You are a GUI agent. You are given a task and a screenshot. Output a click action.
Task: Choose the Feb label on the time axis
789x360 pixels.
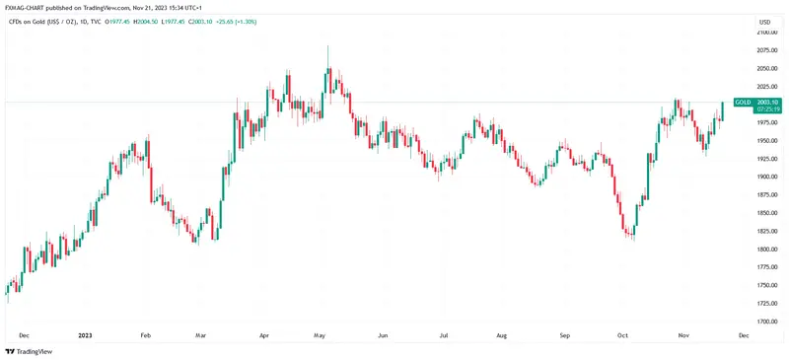point(147,335)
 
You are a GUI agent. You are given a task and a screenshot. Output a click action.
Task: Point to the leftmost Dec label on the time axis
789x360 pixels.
point(24,335)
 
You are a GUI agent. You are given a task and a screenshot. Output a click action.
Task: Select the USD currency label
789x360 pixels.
point(764,21)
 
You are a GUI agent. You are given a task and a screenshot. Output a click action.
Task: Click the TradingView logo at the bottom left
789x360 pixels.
point(29,351)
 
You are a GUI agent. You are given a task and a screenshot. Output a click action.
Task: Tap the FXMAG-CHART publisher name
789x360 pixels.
point(27,7)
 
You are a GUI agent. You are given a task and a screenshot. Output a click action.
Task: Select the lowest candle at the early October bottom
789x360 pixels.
point(631,234)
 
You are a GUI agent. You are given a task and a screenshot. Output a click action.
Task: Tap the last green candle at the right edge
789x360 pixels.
point(723,108)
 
